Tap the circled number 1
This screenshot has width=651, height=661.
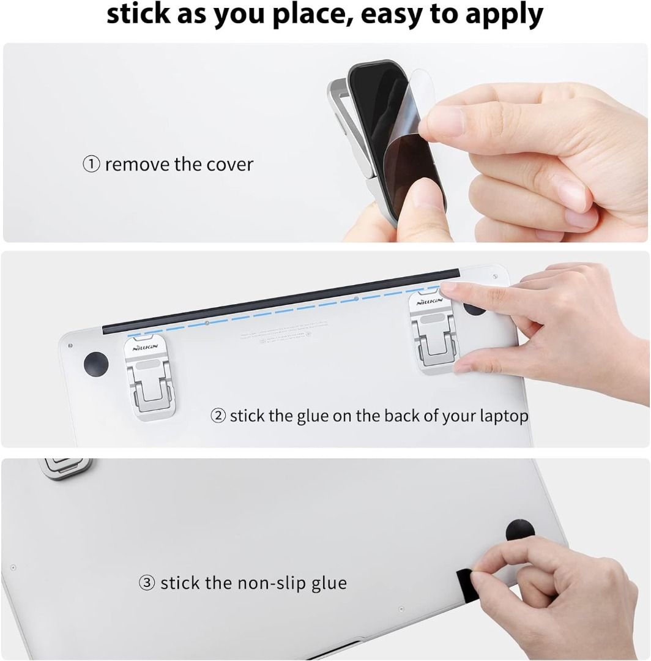(x=91, y=164)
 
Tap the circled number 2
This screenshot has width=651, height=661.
(x=218, y=416)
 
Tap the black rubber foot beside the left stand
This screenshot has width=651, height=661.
(x=95, y=364)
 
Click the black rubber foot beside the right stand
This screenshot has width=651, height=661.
(x=474, y=305)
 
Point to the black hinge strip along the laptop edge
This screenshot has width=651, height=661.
(x=281, y=300)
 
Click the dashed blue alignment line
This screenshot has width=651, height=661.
(x=281, y=312)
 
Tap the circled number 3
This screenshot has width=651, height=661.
(x=147, y=583)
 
